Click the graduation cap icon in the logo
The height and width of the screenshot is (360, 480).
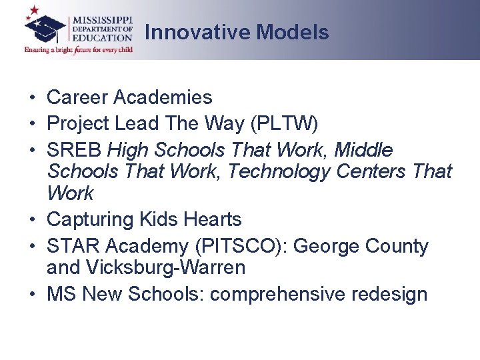pos(45,26)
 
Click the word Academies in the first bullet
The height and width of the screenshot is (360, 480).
pos(163,97)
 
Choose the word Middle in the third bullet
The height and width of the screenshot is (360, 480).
pos(363,150)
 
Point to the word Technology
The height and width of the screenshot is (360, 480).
pos(279,171)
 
